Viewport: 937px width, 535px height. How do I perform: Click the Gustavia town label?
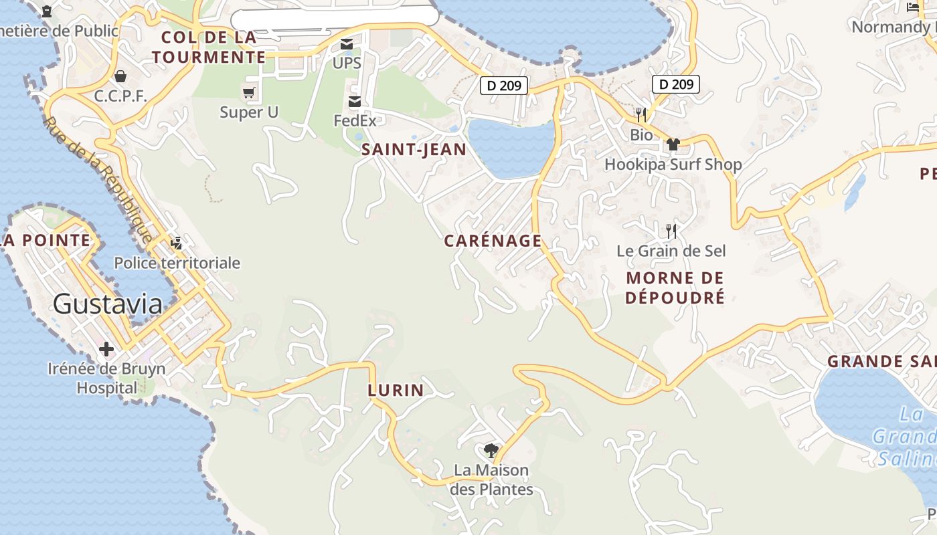pyautogui.click(x=107, y=304)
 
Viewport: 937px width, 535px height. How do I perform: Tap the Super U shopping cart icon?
pyautogui.click(x=249, y=92)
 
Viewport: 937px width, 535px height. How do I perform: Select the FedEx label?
pyautogui.click(x=355, y=121)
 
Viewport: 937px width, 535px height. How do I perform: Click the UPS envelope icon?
pyautogui.click(x=347, y=44)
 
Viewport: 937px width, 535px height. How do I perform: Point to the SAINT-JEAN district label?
pyautogui.click(x=414, y=150)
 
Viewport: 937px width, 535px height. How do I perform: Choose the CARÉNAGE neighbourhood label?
pyautogui.click(x=493, y=241)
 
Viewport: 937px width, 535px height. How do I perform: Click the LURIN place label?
pyautogui.click(x=396, y=390)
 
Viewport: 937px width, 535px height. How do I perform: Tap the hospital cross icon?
pyautogui.click(x=106, y=349)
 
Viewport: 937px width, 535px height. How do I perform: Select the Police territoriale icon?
pyautogui.click(x=177, y=243)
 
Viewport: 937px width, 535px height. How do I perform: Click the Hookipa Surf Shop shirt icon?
pyautogui.click(x=673, y=144)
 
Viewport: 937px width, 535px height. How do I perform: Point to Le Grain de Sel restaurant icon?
pyautogui.click(x=671, y=231)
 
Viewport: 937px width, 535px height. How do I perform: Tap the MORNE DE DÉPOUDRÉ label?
pyautogui.click(x=675, y=288)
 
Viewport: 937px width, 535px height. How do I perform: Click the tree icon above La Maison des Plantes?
pyautogui.click(x=491, y=450)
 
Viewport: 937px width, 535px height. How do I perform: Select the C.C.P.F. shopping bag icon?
pyautogui.click(x=120, y=76)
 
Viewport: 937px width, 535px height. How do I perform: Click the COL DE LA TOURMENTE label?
pyautogui.click(x=209, y=47)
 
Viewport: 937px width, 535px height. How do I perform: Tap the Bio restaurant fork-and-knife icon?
pyautogui.click(x=641, y=114)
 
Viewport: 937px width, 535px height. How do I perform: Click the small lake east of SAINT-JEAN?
pyautogui.click(x=511, y=147)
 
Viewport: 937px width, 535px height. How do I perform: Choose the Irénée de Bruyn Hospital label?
pyautogui.click(x=106, y=378)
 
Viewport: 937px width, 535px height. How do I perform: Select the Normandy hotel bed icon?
pyautogui.click(x=913, y=7)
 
